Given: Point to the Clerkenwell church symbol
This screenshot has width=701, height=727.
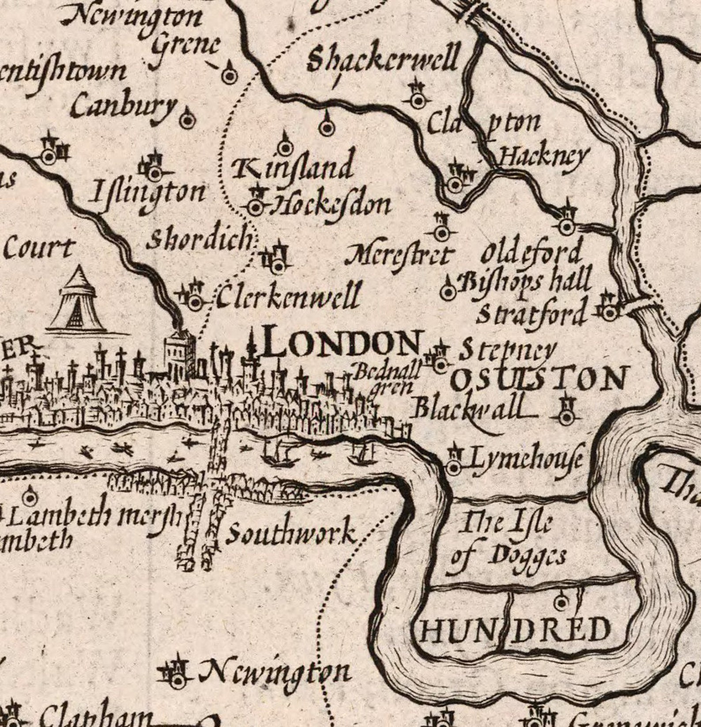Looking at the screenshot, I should tap(194, 302).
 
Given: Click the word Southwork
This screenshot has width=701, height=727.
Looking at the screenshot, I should tap(291, 534).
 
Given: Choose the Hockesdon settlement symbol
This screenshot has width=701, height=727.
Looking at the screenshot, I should tap(256, 206).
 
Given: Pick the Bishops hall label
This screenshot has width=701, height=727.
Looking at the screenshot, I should tap(525, 283).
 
